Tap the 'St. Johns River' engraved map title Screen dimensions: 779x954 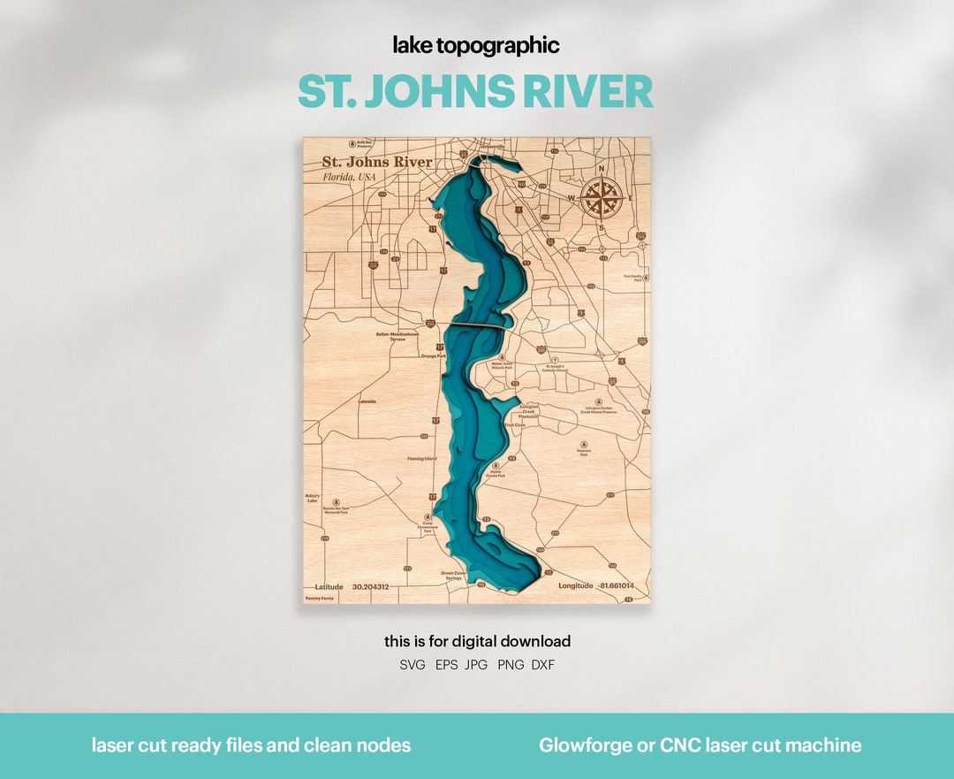point(377,162)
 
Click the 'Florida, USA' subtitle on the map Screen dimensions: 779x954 point(349,177)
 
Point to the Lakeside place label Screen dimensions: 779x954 point(367,401)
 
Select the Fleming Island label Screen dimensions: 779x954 point(421,459)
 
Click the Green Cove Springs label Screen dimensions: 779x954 point(452,576)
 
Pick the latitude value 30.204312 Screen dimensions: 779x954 point(370,586)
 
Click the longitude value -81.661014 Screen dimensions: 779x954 point(616,585)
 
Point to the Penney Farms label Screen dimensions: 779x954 point(320,599)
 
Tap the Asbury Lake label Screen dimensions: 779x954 point(312,498)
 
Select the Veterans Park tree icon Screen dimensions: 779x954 point(584,444)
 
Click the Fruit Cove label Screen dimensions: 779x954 point(515,424)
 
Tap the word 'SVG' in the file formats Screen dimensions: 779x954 point(413,665)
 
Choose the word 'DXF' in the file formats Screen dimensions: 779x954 point(543,665)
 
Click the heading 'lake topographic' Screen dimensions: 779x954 point(477,46)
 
